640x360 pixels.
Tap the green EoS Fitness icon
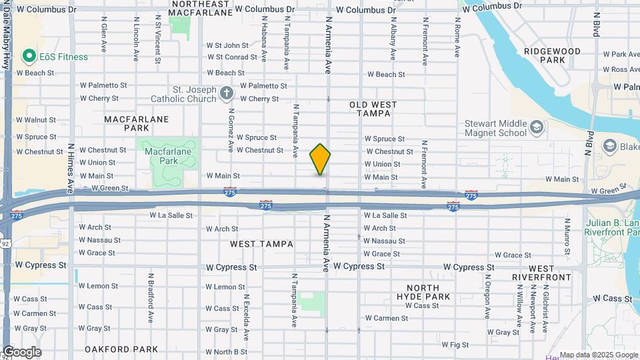click(x=28, y=57)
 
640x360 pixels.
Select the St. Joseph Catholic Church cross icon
click(x=226, y=93)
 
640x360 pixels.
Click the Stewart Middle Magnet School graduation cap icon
click(x=537, y=127)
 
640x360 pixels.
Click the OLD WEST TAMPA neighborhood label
click(x=373, y=109)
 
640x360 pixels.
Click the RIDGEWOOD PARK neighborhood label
click(x=553, y=55)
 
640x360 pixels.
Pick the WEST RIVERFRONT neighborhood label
click(x=542, y=272)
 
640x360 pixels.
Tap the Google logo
click(x=22, y=352)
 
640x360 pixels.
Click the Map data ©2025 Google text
click(x=598, y=355)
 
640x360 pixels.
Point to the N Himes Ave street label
click(x=71, y=165)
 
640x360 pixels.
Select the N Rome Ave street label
click(x=457, y=41)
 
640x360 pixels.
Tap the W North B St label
click(x=226, y=352)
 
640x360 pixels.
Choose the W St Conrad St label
click(x=231, y=57)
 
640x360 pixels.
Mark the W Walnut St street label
click(x=36, y=120)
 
